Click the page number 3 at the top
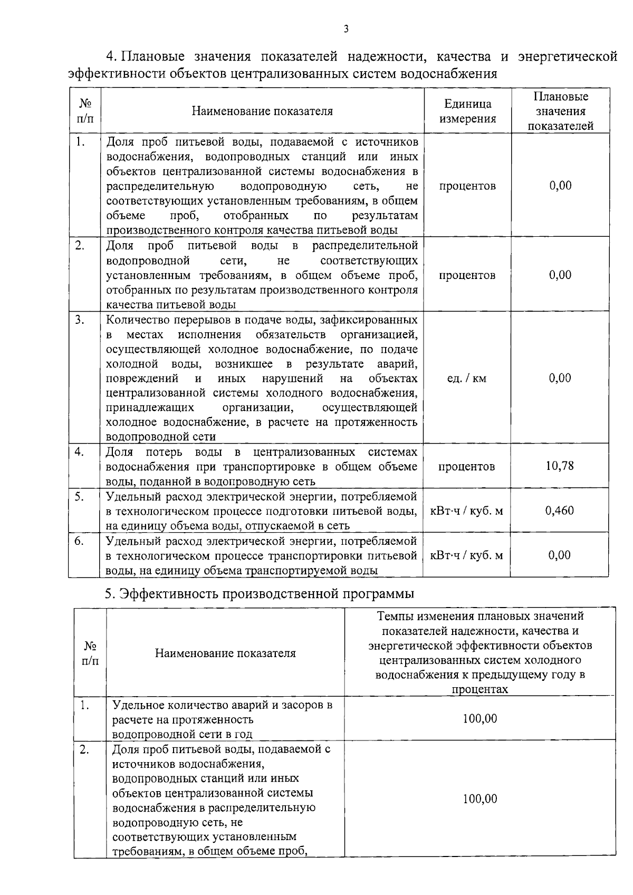346,30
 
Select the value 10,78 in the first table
560,466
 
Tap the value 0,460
560,511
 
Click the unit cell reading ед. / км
466,378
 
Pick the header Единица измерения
467,111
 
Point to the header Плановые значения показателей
560,111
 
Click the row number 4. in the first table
79,452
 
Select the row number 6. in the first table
79,541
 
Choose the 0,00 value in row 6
560,555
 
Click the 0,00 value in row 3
560,378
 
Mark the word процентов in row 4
466,466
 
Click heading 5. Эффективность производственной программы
259,593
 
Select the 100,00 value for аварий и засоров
479,719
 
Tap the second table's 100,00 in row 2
479,799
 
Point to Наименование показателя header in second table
225,653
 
